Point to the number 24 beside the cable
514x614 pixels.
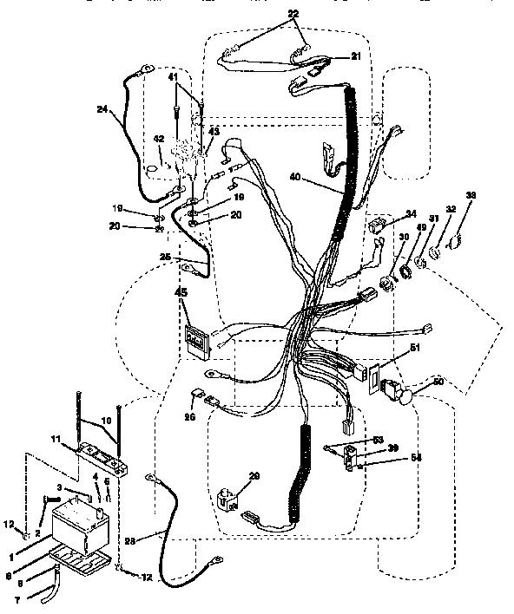102,109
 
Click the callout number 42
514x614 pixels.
159,138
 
